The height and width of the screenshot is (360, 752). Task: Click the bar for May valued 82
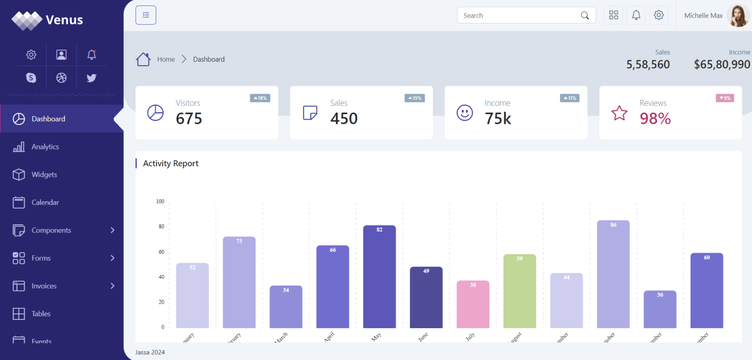379,277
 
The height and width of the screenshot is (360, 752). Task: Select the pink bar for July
472,304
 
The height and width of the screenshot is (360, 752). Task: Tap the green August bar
519,291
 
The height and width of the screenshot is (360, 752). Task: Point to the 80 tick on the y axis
160,227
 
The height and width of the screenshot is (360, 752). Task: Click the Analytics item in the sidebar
45,147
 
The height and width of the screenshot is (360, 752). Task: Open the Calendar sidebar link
45,202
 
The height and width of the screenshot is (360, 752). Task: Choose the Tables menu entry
41,314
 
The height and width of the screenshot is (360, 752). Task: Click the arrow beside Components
113,230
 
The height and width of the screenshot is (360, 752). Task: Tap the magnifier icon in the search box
585,16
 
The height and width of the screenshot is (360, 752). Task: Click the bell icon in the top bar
636,15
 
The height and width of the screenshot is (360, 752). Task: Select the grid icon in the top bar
613,15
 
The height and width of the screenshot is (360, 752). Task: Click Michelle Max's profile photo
738,16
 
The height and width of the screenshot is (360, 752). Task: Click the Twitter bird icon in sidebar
92,77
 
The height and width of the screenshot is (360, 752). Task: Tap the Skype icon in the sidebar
31,77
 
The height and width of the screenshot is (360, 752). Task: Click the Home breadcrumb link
166,59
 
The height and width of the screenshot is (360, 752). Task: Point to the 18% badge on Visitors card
260,98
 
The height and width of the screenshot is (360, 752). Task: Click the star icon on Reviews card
619,113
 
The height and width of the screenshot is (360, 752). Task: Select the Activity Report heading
170,164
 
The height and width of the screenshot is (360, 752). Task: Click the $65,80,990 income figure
722,64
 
